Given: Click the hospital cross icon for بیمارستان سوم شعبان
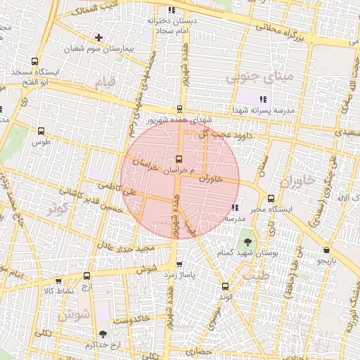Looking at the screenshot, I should (98, 37).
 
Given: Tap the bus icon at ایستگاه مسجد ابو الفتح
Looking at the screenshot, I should (34, 61).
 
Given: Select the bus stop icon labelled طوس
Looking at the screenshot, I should (41, 131).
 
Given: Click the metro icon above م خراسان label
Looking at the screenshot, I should (179, 158).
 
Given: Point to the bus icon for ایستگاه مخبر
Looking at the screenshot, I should (271, 198).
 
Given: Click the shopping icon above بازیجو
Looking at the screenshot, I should (326, 250).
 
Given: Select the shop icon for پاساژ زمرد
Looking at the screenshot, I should (180, 265).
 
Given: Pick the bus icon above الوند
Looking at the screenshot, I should (225, 286).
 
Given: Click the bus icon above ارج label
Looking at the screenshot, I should (86, 276).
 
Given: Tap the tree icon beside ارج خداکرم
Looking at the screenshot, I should (104, 334).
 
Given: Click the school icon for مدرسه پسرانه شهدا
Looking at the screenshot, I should (263, 99).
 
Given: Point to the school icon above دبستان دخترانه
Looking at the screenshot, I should (172, 11).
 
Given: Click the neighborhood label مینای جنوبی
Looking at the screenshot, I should (251, 78).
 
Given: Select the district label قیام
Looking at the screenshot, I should (104, 80).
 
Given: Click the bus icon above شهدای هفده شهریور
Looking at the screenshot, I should (179, 109).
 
